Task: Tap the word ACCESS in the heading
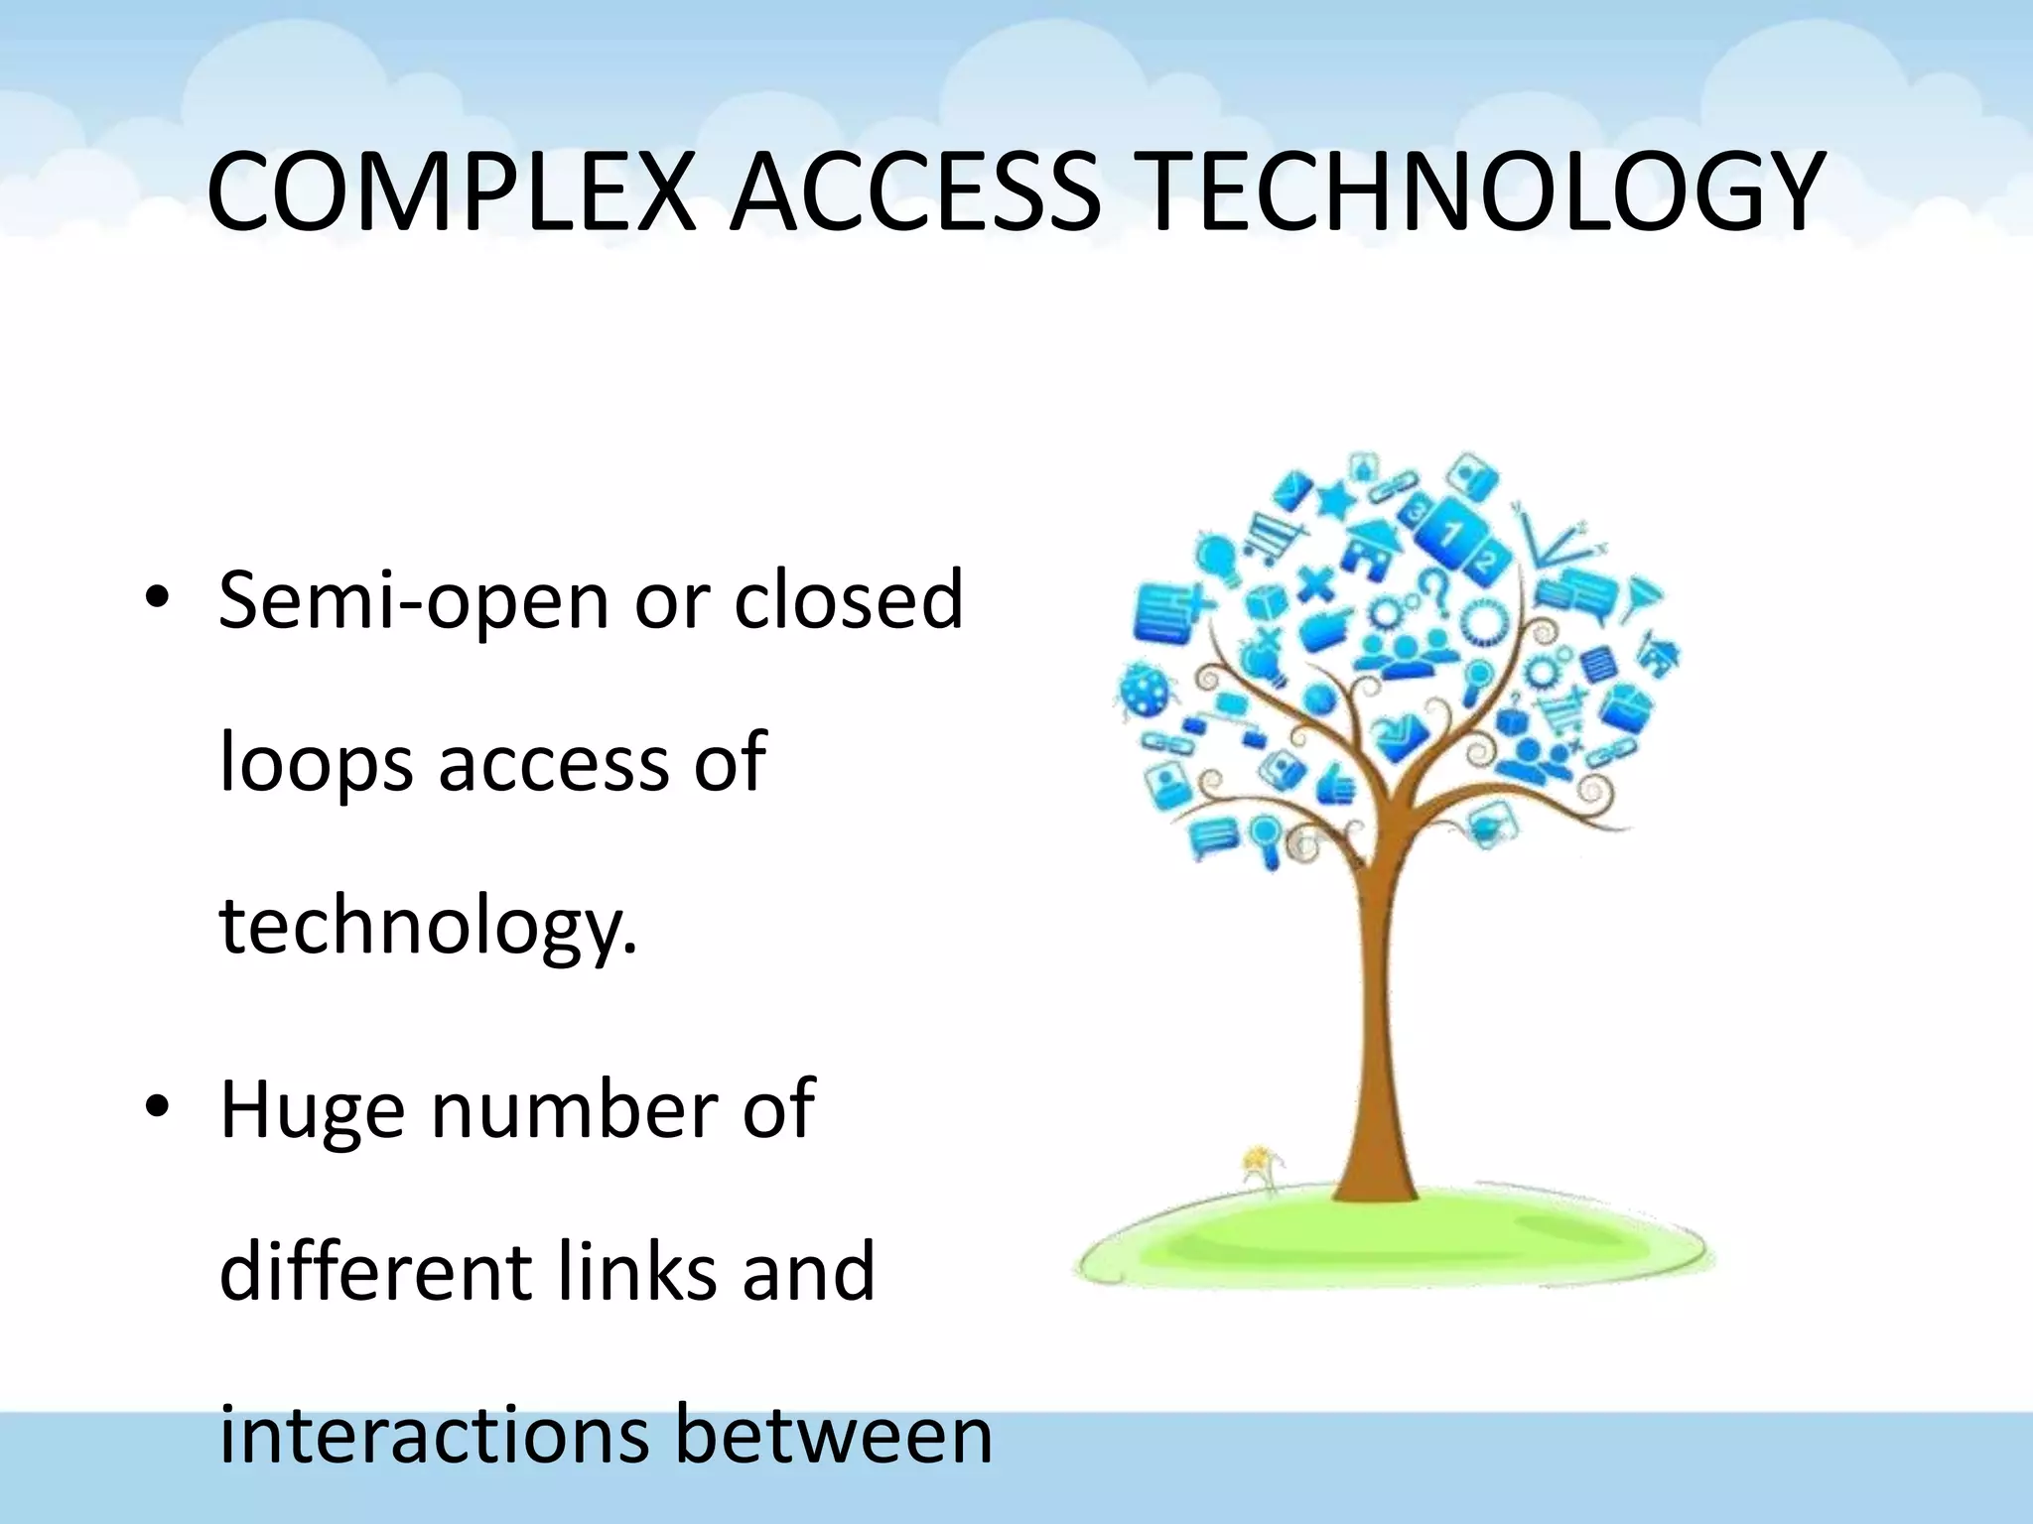(914, 193)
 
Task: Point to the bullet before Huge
(158, 1108)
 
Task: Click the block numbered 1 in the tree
(1450, 536)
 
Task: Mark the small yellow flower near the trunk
(1258, 1159)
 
